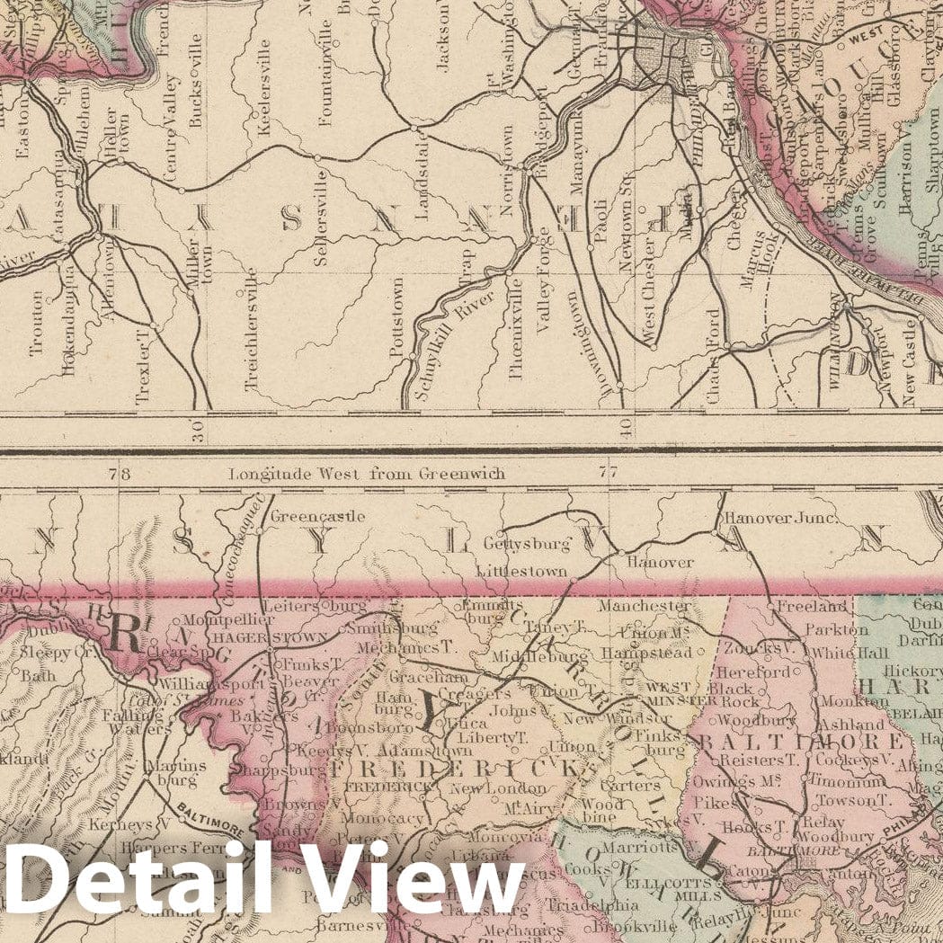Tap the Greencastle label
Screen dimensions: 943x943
click(x=305, y=517)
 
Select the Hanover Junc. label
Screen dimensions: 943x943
click(x=780, y=519)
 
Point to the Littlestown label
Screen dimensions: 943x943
click(x=522, y=571)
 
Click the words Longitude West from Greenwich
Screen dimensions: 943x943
click(x=367, y=473)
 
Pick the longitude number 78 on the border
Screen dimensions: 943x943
click(x=112, y=473)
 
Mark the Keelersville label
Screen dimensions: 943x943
click(x=264, y=94)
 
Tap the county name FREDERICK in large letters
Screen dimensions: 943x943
click(x=453, y=768)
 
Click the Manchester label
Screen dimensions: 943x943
click(x=643, y=607)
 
